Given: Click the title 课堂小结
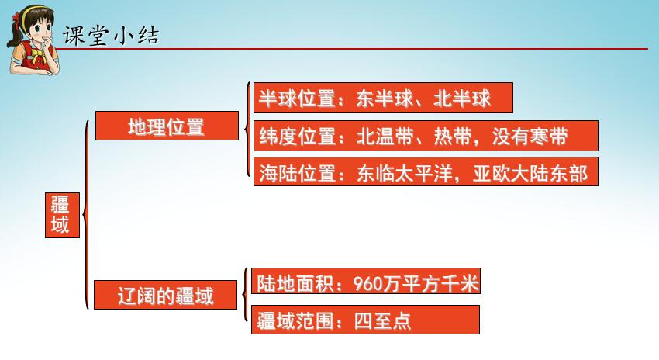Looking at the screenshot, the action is pos(111,36).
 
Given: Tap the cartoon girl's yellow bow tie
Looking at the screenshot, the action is pos(39,56).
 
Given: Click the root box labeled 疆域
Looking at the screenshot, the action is pos(62,216).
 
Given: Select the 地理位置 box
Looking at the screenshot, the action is pos(167,126).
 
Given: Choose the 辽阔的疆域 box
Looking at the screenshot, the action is pos(165,295).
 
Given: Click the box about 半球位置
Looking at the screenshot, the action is pos(383,98).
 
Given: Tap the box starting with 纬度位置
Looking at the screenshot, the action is pos(426,136).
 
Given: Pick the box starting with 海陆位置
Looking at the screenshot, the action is pos(426,171).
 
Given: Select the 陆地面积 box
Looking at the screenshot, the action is pos(366,281).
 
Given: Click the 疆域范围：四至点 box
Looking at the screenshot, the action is pos(365,320).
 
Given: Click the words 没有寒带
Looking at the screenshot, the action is pos(530,137).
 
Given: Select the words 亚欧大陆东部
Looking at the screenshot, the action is pos(530,173).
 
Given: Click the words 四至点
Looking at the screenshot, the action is pos(382,321).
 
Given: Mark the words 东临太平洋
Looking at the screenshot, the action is pos(404,173).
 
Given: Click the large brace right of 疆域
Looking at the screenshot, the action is pos(86,215).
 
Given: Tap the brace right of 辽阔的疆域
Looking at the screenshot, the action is pos(245,294).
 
